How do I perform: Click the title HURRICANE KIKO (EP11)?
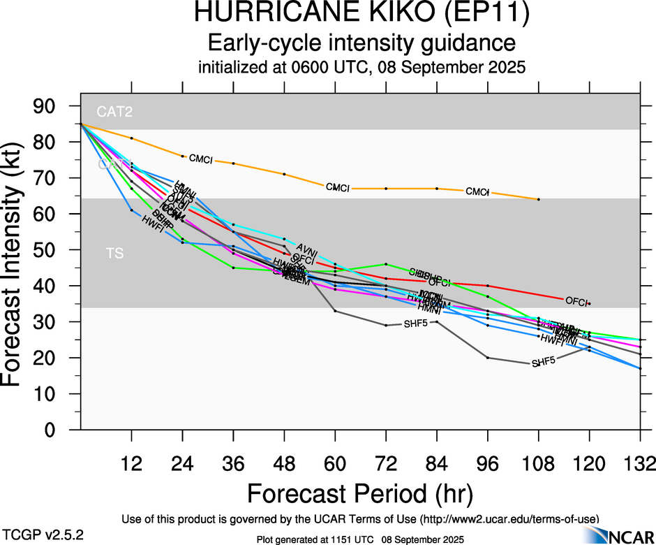pyautogui.click(x=361, y=14)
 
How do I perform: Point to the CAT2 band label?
pyautogui.click(x=115, y=111)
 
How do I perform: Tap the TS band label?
pyautogui.click(x=115, y=253)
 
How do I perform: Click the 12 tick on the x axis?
pyautogui.click(x=131, y=464)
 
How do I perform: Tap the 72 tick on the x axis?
pyautogui.click(x=385, y=464)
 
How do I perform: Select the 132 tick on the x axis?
pyautogui.click(x=640, y=464)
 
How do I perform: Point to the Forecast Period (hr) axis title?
pyautogui.click(x=361, y=494)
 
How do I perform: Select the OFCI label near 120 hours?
pyautogui.click(x=576, y=301)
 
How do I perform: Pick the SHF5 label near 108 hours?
pyautogui.click(x=544, y=363)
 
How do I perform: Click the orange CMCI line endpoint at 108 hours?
pyautogui.click(x=538, y=199)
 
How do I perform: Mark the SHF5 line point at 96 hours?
pyautogui.click(x=487, y=358)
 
